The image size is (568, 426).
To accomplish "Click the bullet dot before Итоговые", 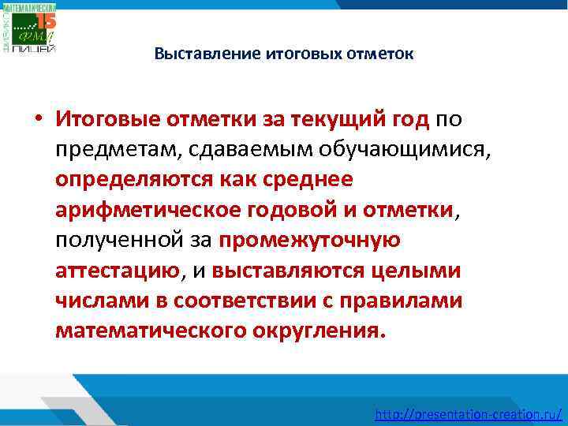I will click(37, 120).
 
